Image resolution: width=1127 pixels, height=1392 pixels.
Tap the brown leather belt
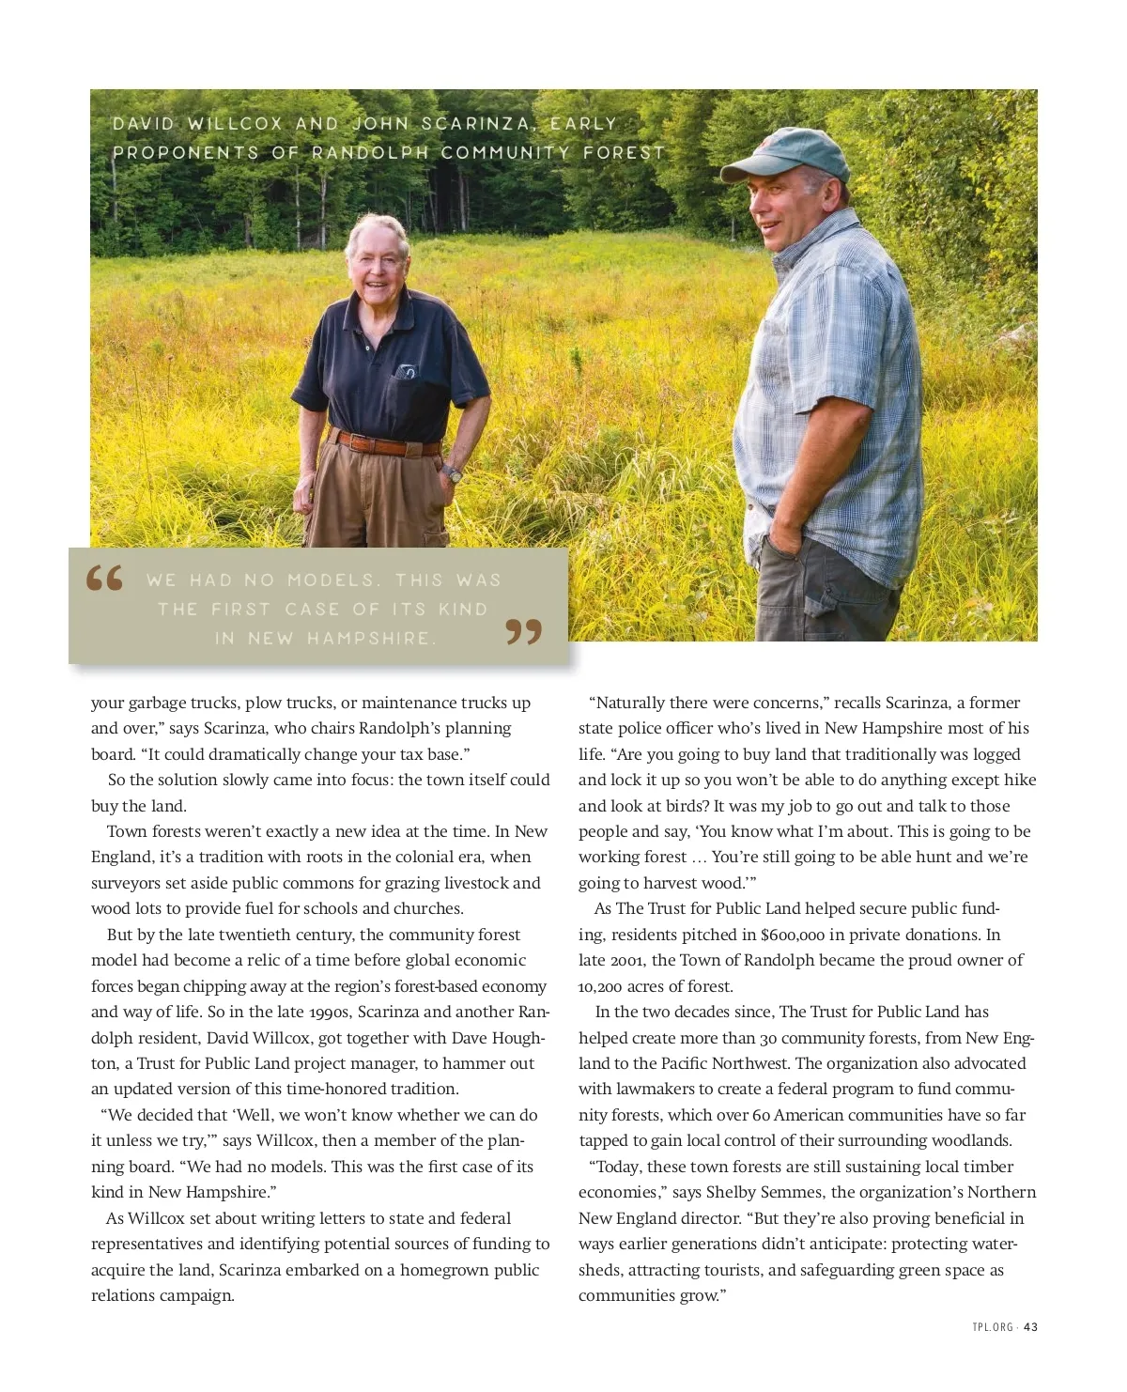(385, 441)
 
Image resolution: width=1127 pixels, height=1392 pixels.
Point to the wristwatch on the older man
(454, 473)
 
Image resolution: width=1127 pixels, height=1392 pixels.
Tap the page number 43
(1030, 1327)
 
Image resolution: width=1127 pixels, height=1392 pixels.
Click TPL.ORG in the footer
(993, 1327)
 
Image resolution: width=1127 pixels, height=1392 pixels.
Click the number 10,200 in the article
(602, 986)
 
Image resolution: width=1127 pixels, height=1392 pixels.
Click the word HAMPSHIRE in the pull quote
(372, 639)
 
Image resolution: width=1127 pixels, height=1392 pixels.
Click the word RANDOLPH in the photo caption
(369, 152)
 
